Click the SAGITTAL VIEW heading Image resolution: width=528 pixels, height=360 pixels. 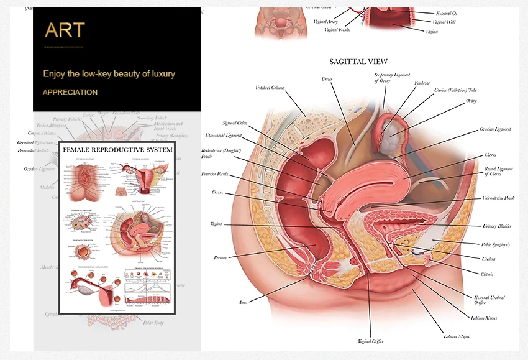pos(358,62)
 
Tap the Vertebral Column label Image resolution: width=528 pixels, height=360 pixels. pos(270,88)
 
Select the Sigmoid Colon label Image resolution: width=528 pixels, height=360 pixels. pos(235,123)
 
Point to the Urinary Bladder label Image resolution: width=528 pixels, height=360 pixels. pos(497,226)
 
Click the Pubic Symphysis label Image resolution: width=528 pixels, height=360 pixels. pos(497,245)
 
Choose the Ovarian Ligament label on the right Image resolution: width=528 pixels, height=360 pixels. pos(495,129)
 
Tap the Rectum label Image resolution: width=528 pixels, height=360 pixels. pos(220,257)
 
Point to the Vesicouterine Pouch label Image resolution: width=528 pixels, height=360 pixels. pos(498,198)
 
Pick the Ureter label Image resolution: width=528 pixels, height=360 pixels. pos(327,79)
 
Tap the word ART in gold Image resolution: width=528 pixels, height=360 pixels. pos(65,30)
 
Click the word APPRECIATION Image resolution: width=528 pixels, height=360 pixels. pos(70,92)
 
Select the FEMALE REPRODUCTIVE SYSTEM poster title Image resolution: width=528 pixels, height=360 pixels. pos(117,150)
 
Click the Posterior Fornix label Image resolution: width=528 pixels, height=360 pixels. pos(216,175)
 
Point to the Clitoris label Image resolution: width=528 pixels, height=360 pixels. pos(490,274)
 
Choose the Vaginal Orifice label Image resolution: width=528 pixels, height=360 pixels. pos(371,341)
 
